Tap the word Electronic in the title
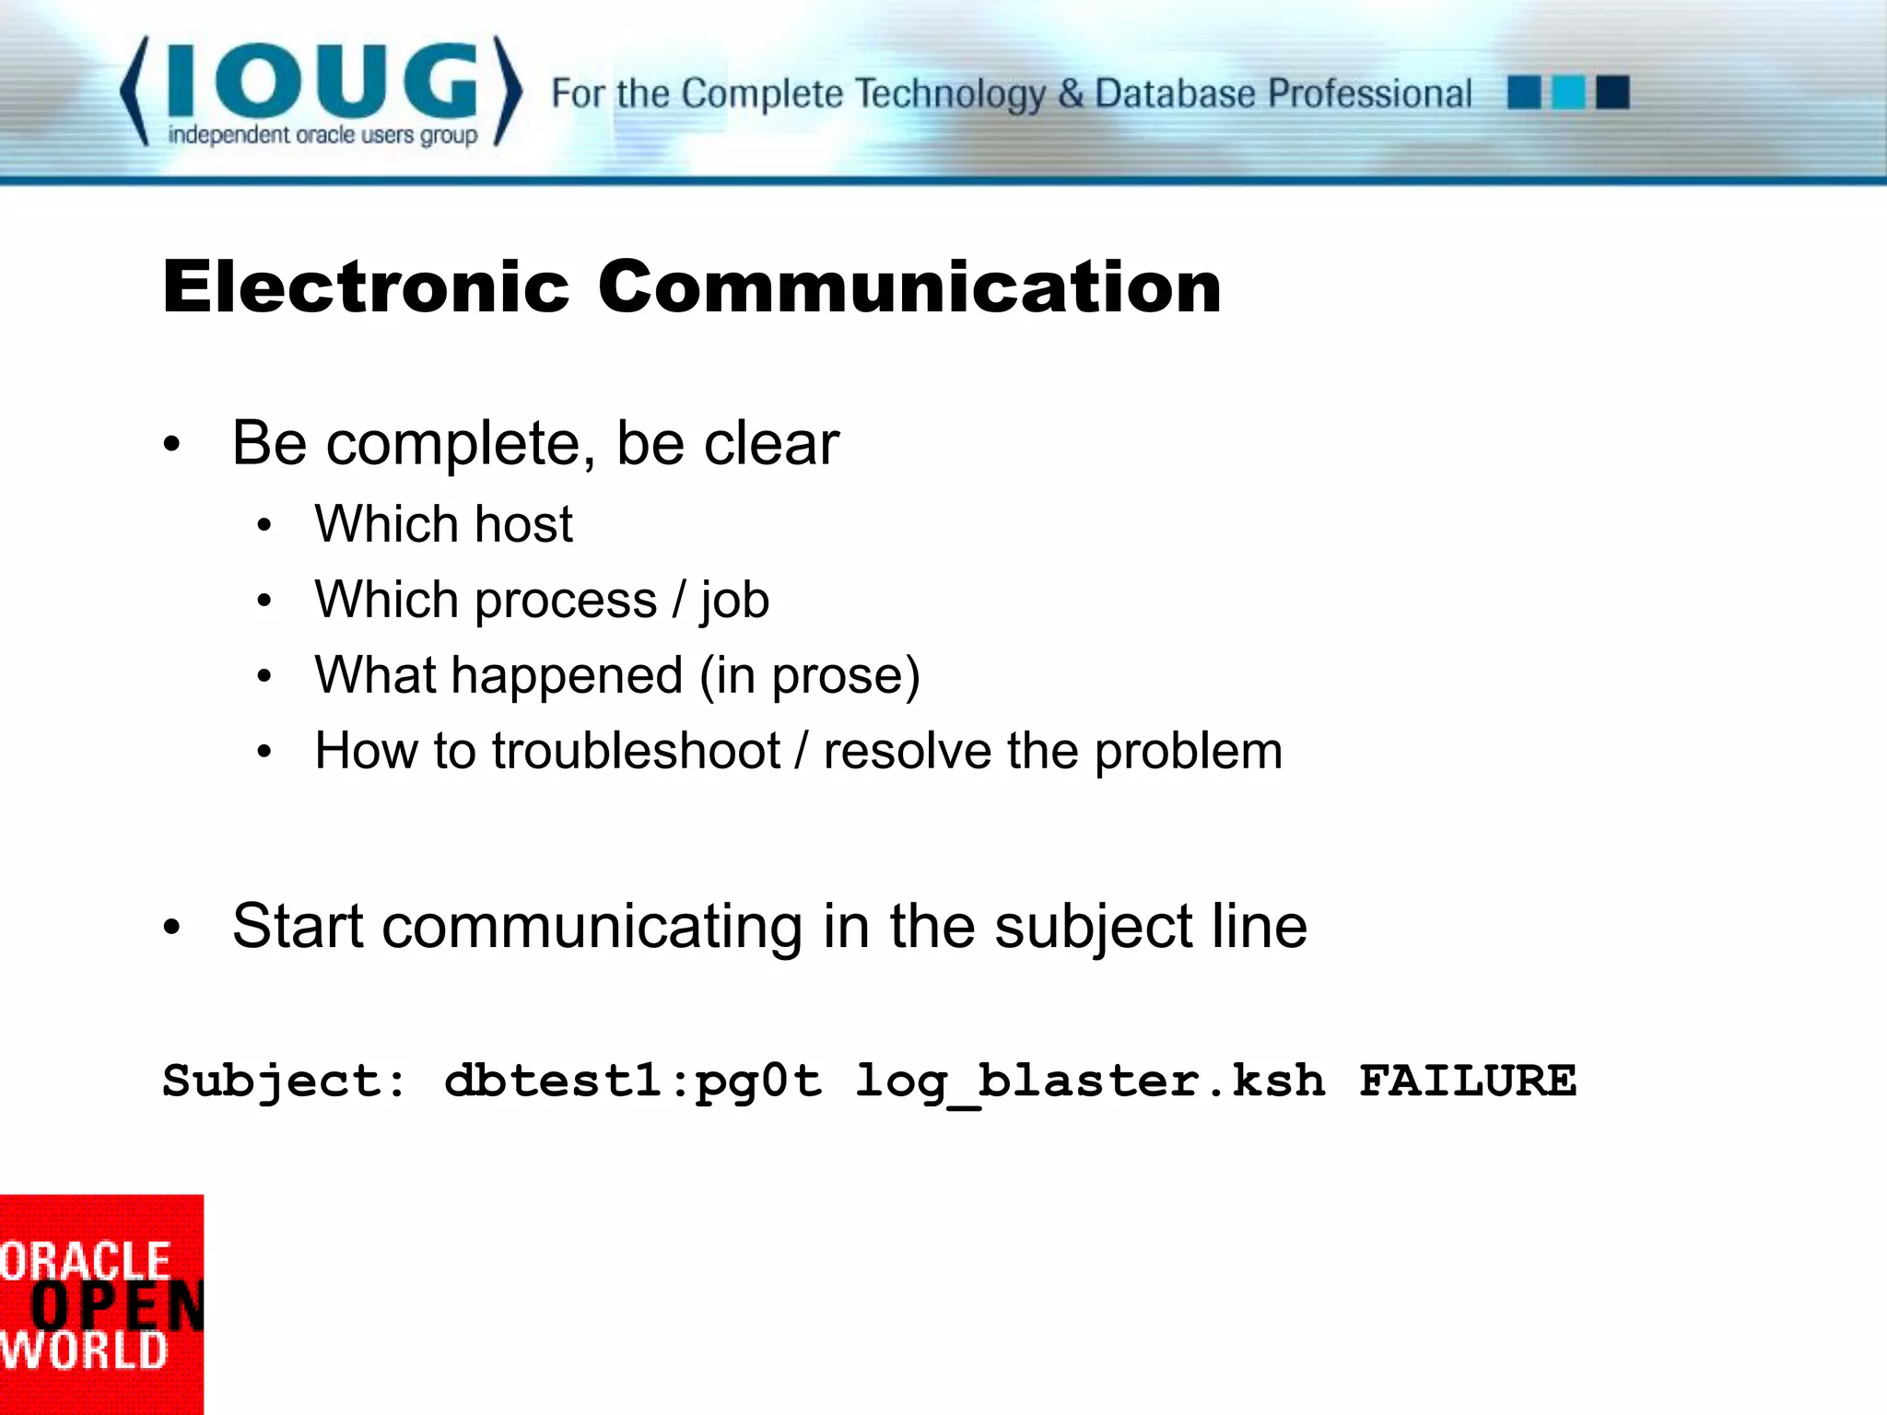(366, 287)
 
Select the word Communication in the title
(909, 287)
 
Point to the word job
(734, 602)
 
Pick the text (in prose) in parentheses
(810, 676)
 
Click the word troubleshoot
(636, 751)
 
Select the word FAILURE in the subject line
(1468, 1081)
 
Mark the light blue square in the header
(1568, 93)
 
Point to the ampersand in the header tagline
(1070, 94)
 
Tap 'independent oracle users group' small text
(322, 135)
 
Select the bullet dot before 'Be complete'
(172, 446)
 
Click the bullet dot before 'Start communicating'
(172, 928)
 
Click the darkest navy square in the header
(1612, 93)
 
